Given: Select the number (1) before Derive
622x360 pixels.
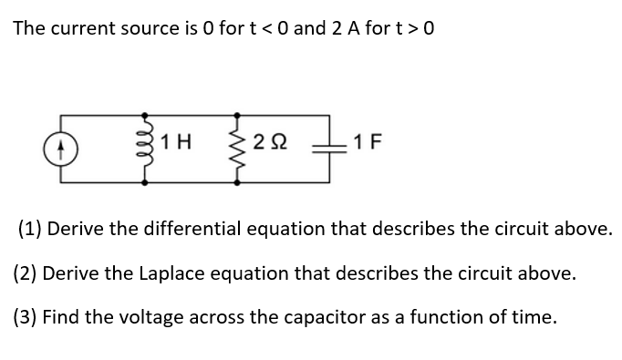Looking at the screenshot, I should point(29,227).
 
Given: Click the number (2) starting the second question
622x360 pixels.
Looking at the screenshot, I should point(29,273).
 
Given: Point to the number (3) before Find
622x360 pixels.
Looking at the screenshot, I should point(29,317).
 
